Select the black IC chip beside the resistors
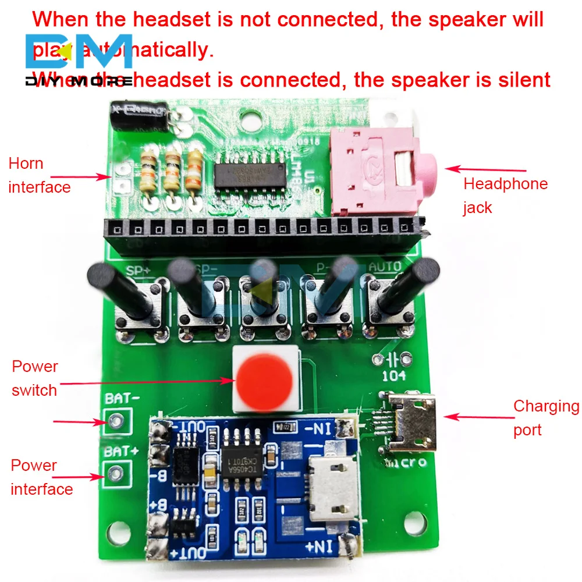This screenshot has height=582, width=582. point(244,173)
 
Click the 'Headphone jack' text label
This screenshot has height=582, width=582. point(505,196)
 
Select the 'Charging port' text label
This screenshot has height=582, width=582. point(545,418)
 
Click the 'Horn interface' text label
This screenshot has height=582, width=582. point(38,175)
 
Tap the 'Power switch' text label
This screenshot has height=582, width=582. point(35,378)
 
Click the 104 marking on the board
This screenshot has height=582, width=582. point(394,376)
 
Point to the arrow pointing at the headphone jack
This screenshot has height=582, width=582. point(485,169)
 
